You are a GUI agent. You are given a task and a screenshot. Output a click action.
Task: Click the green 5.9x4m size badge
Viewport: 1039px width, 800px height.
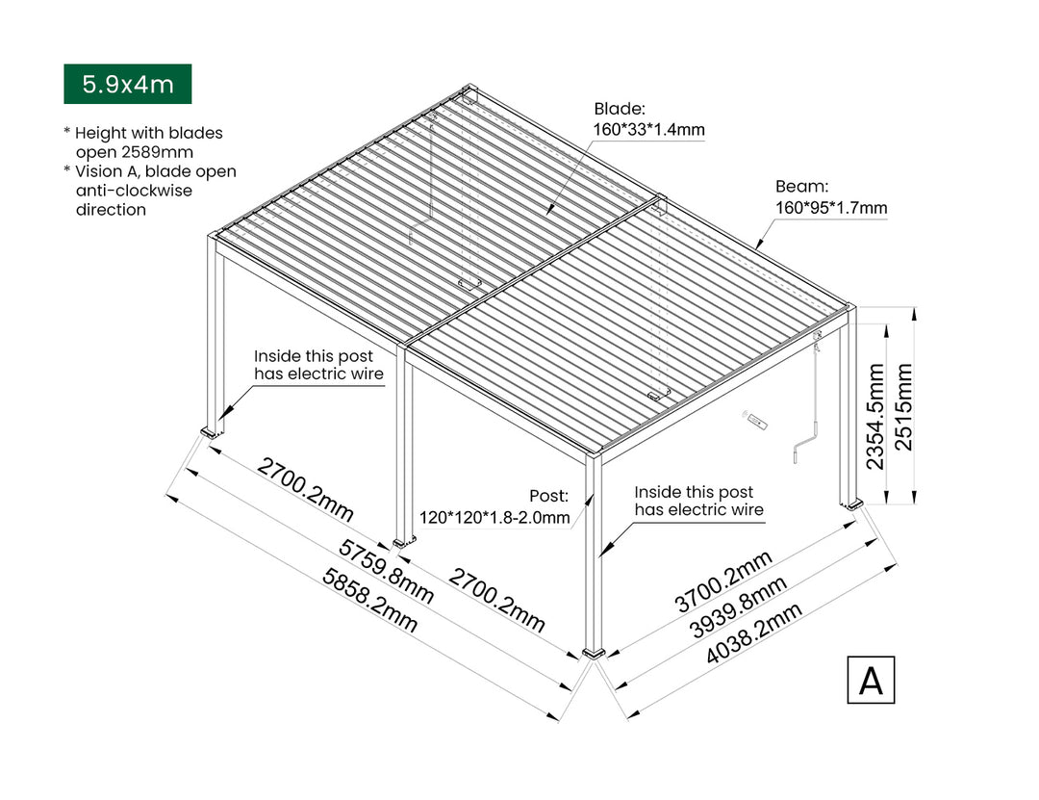pos(127,84)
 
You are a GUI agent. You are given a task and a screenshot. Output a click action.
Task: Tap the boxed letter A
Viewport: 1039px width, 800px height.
pos(871,680)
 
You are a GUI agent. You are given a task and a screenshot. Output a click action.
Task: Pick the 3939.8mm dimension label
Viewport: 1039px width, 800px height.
pos(739,608)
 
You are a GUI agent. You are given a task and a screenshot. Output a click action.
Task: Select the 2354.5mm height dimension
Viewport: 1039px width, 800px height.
pos(875,416)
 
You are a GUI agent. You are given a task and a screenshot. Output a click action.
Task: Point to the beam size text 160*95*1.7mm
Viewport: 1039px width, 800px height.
pos(831,207)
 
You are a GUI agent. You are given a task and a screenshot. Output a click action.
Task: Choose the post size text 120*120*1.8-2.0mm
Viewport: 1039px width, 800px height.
pos(494,518)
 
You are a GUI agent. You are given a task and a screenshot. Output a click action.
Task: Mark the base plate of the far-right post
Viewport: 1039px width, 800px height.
pos(851,504)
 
